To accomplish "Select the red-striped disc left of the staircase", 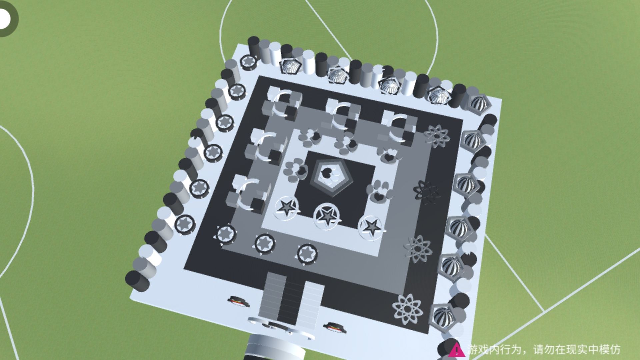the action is [239, 301].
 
